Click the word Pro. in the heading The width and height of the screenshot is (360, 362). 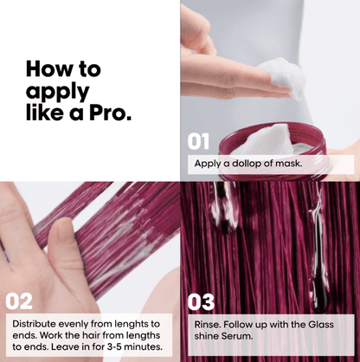[110, 113]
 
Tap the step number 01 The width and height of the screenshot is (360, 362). [198, 141]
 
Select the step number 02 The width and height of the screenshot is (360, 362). [19, 301]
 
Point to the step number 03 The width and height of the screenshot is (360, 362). [201, 302]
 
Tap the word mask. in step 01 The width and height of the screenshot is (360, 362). [289, 164]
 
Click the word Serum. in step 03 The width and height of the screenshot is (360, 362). [237, 336]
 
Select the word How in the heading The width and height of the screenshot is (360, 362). [45, 68]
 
